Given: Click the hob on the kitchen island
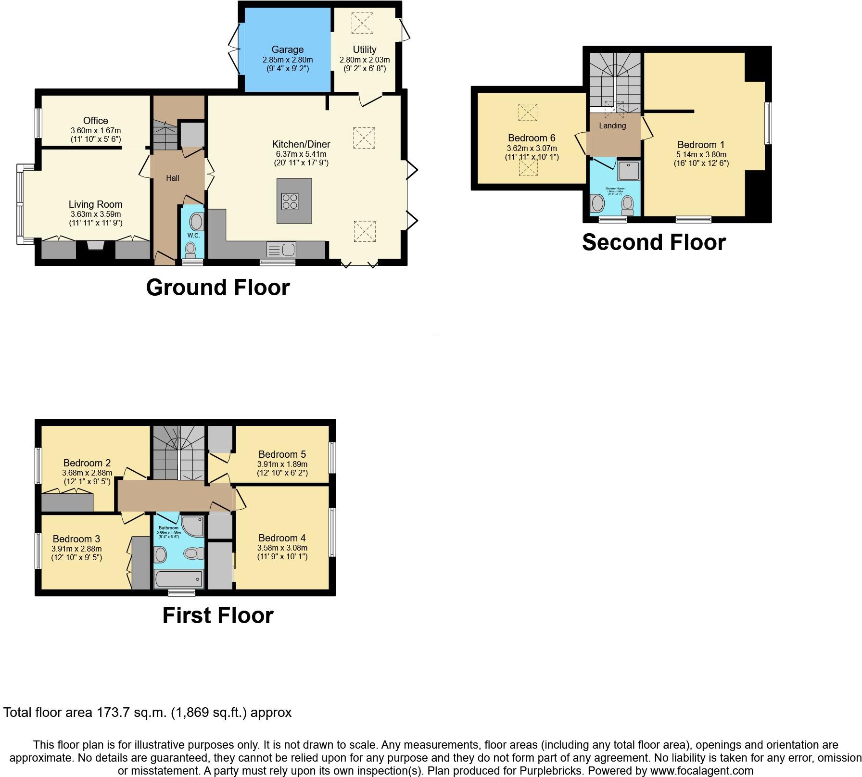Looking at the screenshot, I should point(291,201).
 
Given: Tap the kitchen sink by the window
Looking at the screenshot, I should point(282,250).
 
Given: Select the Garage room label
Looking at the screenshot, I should point(287,50).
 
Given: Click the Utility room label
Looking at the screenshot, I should point(365,50).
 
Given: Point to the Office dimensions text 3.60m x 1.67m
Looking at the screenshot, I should point(96,130).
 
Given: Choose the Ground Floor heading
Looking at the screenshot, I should point(217,288).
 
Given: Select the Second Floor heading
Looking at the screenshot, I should point(653,242).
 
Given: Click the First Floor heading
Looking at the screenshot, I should point(217,615).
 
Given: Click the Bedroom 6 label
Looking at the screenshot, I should point(532,138).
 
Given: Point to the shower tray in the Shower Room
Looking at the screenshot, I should point(629,171).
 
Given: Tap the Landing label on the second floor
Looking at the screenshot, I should point(612,125).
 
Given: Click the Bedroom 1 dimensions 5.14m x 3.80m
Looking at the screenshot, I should point(701,155).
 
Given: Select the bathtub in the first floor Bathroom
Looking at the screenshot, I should point(179,579).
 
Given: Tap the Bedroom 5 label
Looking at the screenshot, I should point(282,454).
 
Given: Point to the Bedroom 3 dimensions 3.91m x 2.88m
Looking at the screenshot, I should point(76,549).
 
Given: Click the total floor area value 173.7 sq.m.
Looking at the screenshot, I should point(130,713).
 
